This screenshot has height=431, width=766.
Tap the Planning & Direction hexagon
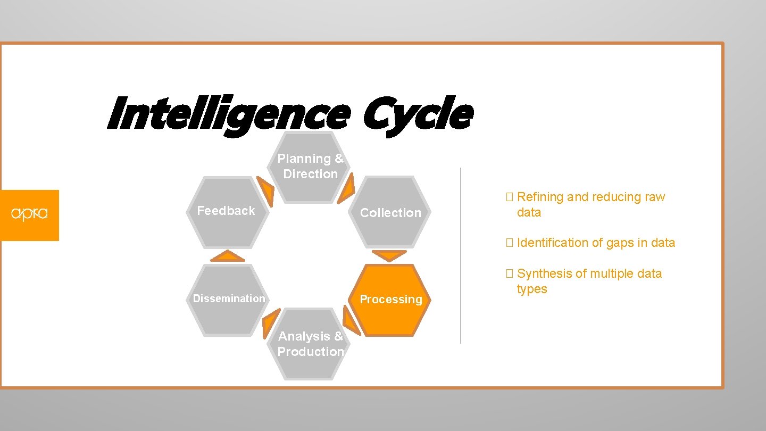(x=311, y=167)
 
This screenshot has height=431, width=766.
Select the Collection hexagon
(x=390, y=212)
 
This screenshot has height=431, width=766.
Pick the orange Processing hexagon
(x=391, y=300)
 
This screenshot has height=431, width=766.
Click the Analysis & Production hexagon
(x=311, y=344)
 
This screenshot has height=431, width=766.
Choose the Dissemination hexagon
(x=229, y=299)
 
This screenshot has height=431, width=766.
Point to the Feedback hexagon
(x=227, y=211)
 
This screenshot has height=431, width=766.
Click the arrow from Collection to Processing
(x=389, y=255)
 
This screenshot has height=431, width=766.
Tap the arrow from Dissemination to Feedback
(x=227, y=256)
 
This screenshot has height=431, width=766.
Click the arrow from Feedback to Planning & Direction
(x=266, y=189)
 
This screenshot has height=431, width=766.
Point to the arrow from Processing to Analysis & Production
(x=351, y=321)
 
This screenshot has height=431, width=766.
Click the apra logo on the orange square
(x=29, y=214)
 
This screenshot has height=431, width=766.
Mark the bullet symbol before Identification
(x=509, y=243)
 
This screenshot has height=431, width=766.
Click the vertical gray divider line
(x=461, y=255)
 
